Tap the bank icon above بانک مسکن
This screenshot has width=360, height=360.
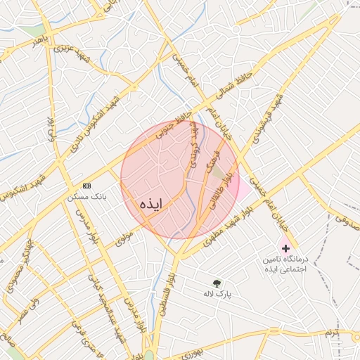click(86, 186)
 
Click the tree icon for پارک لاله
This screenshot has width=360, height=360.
click(217, 283)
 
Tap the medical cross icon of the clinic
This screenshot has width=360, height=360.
click(285, 248)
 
